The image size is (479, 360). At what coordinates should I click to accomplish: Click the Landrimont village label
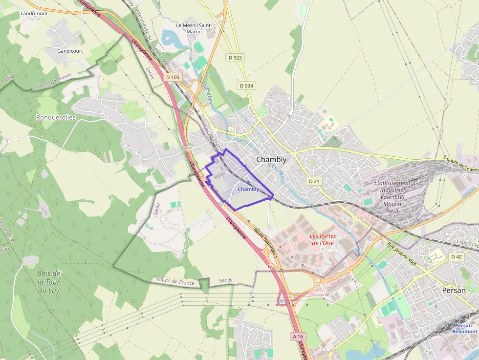[34, 13]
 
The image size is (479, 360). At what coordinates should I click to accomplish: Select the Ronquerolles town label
[56, 117]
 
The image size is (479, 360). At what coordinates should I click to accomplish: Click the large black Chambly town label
[271, 159]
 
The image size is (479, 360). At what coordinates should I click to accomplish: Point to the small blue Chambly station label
[248, 189]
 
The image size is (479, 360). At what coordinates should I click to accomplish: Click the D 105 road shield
[173, 77]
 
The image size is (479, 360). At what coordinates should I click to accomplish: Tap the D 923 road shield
[235, 58]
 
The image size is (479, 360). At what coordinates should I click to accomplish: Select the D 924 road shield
[247, 85]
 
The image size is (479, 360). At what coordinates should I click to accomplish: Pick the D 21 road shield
[314, 181]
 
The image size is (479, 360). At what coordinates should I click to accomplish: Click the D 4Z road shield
[457, 256]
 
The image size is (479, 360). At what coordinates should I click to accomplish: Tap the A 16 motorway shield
[297, 337]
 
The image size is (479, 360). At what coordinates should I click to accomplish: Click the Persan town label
[454, 290]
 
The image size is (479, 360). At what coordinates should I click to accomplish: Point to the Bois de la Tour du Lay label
[49, 282]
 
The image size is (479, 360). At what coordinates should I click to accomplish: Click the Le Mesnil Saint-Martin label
[193, 28]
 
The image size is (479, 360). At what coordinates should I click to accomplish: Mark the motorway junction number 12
[270, 267]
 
